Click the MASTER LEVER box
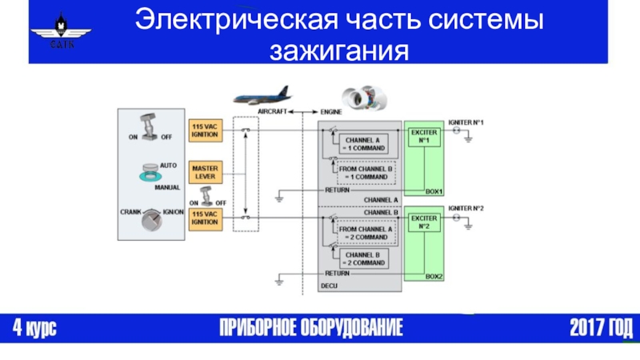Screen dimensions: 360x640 pyautogui.click(x=205, y=172)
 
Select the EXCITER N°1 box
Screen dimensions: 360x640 pyautogui.click(x=424, y=136)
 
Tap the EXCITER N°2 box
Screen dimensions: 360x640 pyautogui.click(x=424, y=222)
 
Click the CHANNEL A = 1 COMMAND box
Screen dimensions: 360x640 pyautogui.click(x=362, y=144)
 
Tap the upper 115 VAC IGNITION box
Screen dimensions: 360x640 pyautogui.click(x=205, y=130)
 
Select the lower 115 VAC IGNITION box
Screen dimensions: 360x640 pyautogui.click(x=205, y=218)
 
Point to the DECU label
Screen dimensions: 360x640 pyautogui.click(x=330, y=286)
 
